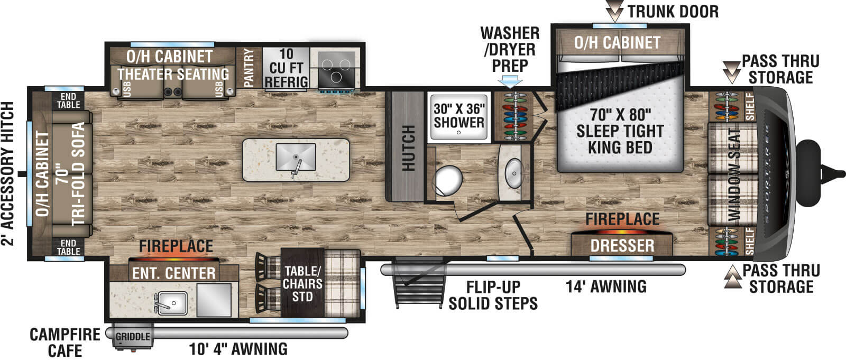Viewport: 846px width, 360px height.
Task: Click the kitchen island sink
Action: point(296,157)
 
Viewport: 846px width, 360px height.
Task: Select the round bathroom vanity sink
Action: point(513,172)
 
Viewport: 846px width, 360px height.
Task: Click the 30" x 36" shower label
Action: point(459,116)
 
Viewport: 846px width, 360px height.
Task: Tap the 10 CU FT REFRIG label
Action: point(286,68)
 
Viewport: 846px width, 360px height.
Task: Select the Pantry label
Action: point(249,68)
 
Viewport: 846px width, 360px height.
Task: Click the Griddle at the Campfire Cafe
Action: point(133,337)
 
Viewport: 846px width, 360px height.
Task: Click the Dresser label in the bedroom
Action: point(622,246)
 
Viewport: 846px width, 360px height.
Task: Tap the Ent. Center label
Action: point(173,273)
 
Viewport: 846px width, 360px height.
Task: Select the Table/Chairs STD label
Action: point(302,284)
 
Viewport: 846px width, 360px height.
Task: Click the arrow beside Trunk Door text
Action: point(615,11)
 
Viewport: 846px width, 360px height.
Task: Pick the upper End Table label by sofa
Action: point(68,100)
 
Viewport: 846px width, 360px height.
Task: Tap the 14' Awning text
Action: point(606,287)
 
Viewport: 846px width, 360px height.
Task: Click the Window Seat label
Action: point(734,174)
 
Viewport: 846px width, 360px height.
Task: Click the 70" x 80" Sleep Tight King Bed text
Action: point(620,131)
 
